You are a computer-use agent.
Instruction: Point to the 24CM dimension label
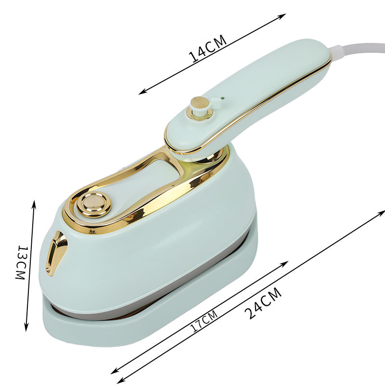[262, 303]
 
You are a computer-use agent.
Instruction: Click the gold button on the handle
[199, 107]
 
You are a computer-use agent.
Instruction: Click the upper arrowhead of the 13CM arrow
[34, 202]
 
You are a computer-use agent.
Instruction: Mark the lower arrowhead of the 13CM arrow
[26, 329]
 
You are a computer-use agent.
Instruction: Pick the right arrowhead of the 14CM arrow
[284, 15]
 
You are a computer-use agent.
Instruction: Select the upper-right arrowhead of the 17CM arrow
[286, 263]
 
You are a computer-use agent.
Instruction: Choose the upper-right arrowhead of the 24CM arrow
[383, 212]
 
